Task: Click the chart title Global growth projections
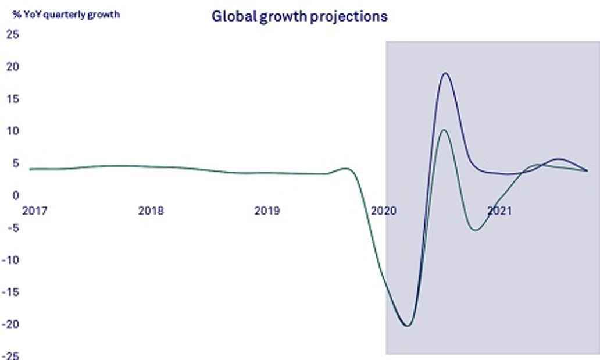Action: pos(299,16)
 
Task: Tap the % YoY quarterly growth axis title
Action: pos(66,15)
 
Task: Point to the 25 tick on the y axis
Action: pos(13,34)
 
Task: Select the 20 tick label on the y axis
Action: pos(13,67)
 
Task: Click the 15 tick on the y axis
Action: pos(13,99)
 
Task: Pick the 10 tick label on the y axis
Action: pos(13,131)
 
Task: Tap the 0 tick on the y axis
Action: pos(16,195)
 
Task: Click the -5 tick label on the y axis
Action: pos(13,228)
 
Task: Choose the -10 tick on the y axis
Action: pos(10,260)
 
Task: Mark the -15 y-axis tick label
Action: pos(10,292)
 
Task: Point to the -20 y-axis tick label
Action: pos(10,325)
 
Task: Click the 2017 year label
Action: pos(35,211)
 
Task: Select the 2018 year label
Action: pos(151,211)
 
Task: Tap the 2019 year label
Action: pos(267,211)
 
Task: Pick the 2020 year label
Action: pos(383,211)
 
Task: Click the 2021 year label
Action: pos(499,211)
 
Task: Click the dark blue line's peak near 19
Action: pos(445,73)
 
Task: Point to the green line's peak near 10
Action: pos(444,130)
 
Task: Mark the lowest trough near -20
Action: pos(407,326)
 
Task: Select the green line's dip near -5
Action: pos(476,230)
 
